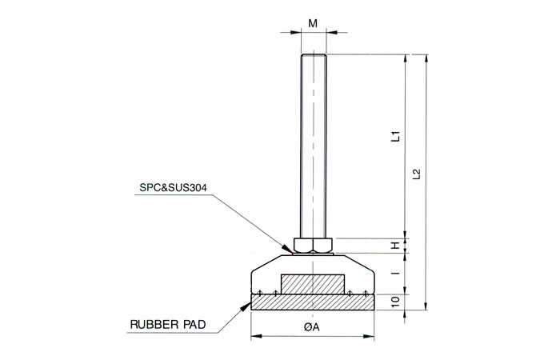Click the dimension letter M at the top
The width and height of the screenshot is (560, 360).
pos(313,23)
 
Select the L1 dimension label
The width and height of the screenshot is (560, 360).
pos(394,137)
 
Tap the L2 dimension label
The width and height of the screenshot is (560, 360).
pos(416,174)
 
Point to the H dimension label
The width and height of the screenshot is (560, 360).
pos(394,245)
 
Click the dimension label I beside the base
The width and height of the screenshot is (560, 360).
pos(394,274)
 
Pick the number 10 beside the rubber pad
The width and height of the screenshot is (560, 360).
pos(394,302)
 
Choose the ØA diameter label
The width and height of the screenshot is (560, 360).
pos(313,327)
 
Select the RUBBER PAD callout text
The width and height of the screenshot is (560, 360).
pos(168,325)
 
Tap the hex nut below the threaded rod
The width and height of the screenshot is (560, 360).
pos(313,245)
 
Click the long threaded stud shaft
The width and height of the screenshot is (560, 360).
pos(313,144)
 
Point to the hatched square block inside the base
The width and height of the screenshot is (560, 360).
pos(313,284)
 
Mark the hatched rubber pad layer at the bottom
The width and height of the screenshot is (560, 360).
pos(313,302)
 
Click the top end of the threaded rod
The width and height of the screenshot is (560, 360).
pos(313,55)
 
